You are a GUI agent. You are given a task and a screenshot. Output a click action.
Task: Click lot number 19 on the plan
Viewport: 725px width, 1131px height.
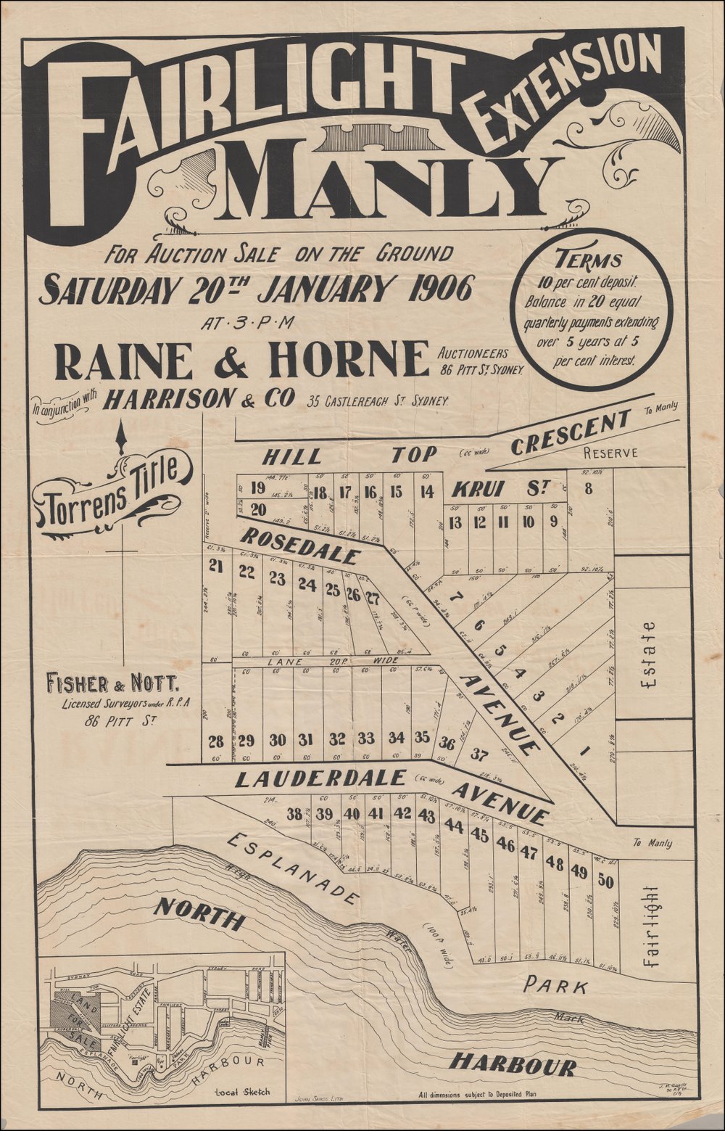(257, 488)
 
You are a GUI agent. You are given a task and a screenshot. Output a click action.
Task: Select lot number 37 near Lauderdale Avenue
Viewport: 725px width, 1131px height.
(478, 754)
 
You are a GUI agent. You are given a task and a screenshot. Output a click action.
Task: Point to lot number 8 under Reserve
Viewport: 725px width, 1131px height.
(588, 489)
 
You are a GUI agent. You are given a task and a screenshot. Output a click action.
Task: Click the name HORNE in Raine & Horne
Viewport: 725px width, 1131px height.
(355, 359)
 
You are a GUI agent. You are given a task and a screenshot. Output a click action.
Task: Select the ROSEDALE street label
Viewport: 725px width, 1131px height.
(299, 546)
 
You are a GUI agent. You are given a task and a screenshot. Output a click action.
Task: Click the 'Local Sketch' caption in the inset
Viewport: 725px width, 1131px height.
(242, 1092)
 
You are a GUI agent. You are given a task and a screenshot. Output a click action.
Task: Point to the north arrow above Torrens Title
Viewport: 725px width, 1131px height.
(122, 437)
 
